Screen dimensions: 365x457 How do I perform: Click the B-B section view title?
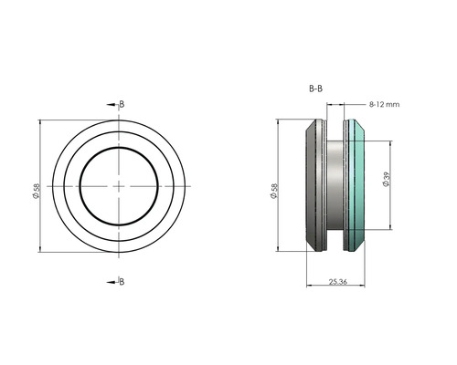[315, 89]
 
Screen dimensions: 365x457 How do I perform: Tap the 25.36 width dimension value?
[339, 282]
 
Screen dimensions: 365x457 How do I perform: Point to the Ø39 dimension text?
[388, 180]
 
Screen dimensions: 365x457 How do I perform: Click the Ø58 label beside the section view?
[273, 190]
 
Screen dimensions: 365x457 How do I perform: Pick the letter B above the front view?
[122, 104]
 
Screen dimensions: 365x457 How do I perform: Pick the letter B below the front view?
[122, 281]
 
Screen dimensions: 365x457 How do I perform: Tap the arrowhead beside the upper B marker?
[112, 104]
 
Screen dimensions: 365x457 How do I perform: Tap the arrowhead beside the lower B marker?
[112, 281]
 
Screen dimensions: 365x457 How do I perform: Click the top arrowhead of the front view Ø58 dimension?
[42, 121]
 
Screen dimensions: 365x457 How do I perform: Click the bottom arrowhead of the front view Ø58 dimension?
[42, 251]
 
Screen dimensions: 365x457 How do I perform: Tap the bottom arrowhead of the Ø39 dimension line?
[393, 227]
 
